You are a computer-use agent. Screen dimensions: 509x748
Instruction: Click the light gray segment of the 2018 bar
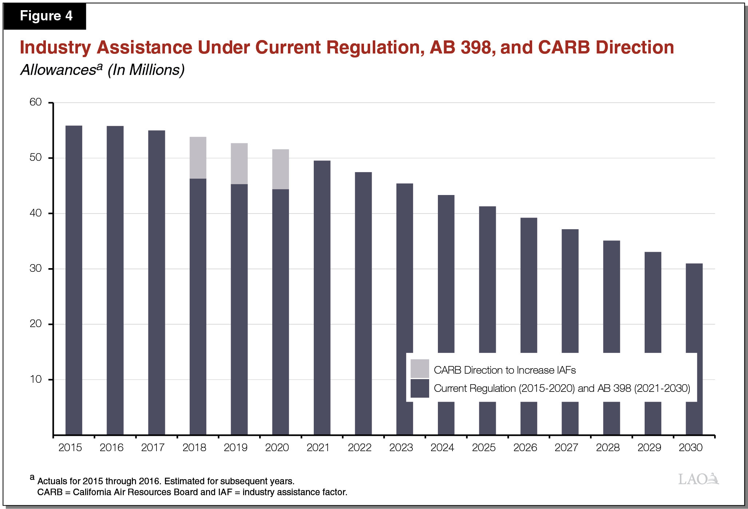[x=198, y=158]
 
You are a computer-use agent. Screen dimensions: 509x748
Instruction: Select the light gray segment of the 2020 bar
[x=281, y=169]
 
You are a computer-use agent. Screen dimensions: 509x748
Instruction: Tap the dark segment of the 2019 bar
[x=239, y=309]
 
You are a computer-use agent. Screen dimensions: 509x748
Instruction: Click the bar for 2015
[x=74, y=280]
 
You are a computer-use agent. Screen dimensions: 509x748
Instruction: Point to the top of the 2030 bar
[x=694, y=264]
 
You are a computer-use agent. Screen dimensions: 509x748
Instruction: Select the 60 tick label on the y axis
[x=36, y=102]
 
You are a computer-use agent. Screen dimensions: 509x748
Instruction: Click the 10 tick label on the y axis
[x=36, y=379]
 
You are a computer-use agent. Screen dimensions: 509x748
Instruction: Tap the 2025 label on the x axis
[x=484, y=448]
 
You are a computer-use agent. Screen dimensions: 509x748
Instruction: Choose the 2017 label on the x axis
[x=153, y=448]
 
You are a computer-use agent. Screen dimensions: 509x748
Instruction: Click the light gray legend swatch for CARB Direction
[x=420, y=369]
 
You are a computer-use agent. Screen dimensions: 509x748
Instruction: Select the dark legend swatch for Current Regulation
[x=420, y=388]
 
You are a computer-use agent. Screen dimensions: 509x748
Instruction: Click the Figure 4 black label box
[x=45, y=16]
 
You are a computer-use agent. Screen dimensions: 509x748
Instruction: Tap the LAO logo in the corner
[x=698, y=479]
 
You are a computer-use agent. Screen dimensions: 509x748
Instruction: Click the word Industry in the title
[x=55, y=48]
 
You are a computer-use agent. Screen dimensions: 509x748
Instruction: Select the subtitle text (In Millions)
[x=146, y=70]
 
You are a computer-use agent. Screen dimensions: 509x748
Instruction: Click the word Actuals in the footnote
[x=52, y=481]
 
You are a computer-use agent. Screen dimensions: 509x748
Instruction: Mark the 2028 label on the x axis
[x=607, y=448]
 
